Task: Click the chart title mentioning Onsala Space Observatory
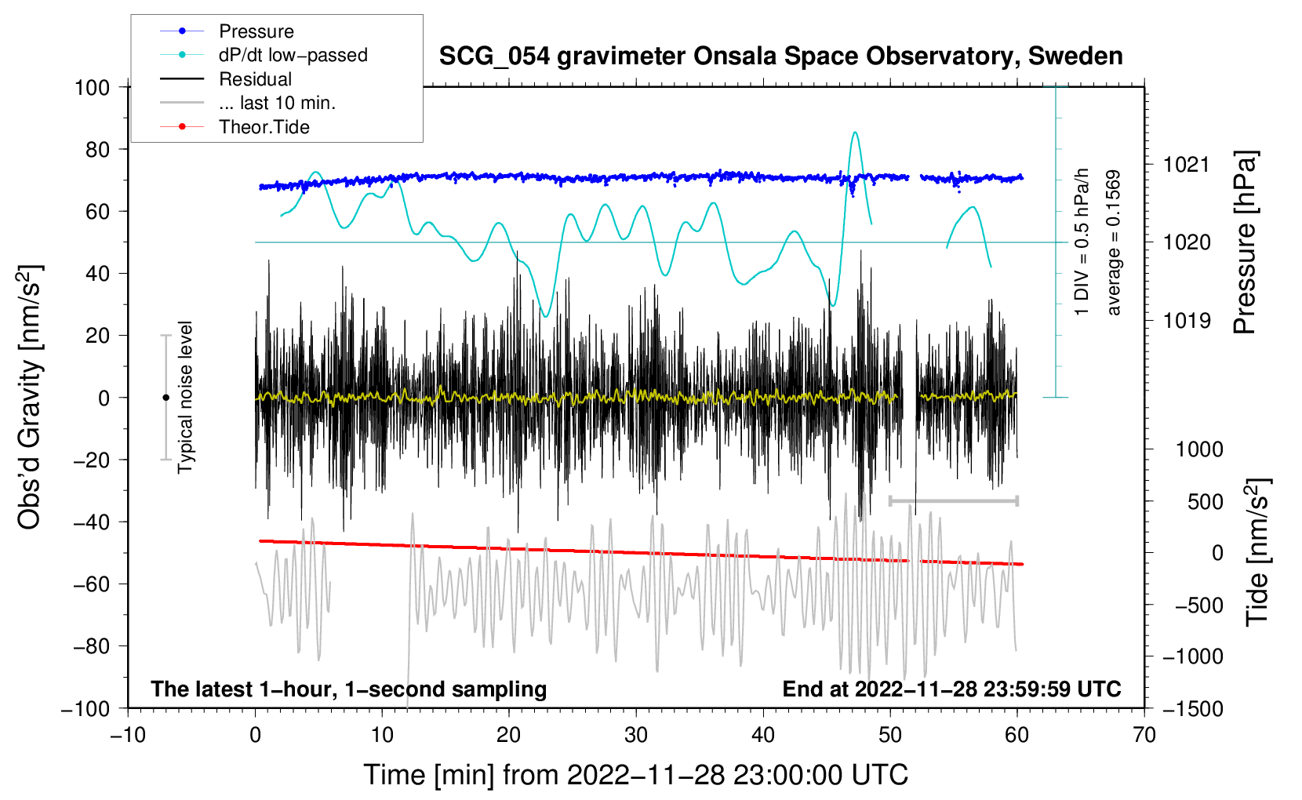(x=780, y=56)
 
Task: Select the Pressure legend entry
(x=256, y=31)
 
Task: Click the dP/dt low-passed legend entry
(x=293, y=55)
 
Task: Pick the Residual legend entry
(x=255, y=79)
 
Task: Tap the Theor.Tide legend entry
(x=264, y=127)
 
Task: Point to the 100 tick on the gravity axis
(x=93, y=87)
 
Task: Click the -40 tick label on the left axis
(x=93, y=522)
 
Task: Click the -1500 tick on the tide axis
(x=1193, y=708)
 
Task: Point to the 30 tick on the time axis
(x=636, y=735)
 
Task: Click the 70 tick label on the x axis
(x=1144, y=735)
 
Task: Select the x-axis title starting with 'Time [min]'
(x=635, y=775)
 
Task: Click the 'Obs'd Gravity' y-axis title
(x=30, y=397)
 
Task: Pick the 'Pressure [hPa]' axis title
(x=1245, y=243)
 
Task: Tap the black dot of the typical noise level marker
(x=165, y=398)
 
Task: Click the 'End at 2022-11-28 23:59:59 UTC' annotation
(x=951, y=689)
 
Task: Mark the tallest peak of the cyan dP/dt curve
(x=854, y=133)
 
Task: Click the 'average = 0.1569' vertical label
(x=1113, y=243)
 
